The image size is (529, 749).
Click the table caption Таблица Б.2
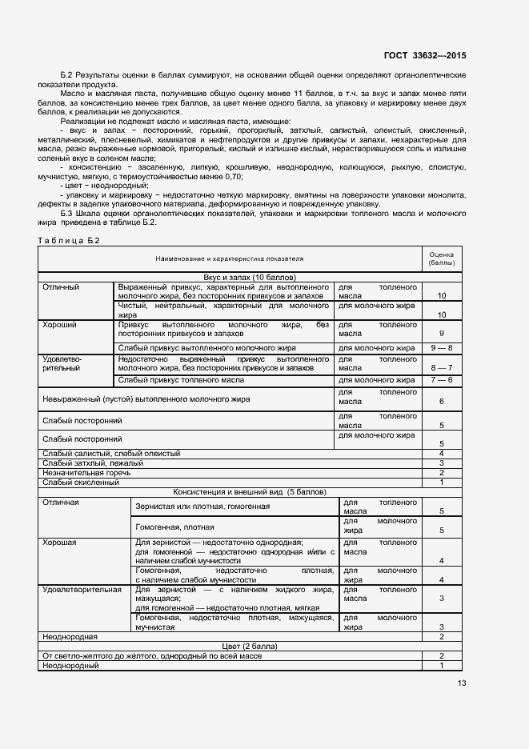[69, 240]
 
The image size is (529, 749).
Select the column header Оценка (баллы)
[441, 258]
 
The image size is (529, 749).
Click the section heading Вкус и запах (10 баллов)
[230, 277]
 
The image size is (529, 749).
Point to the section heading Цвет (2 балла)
[230, 645]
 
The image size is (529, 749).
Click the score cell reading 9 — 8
[441, 348]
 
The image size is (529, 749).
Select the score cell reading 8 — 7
[441, 367]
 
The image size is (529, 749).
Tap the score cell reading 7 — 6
[441, 380]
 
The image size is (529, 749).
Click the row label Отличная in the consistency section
[61, 502]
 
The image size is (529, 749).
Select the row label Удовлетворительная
[82, 589]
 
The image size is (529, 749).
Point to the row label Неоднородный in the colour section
[70, 665]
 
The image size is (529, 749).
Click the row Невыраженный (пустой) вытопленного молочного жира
[146, 399]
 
